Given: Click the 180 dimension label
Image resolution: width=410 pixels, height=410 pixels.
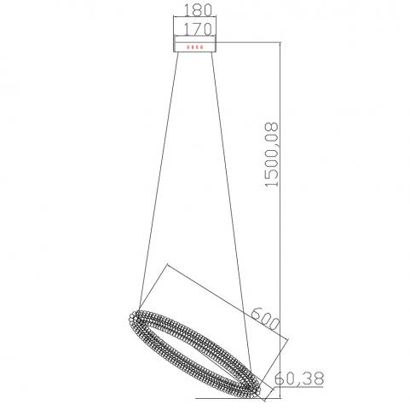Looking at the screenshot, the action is (198, 10).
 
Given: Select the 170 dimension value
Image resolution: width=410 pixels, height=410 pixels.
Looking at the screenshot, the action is (198, 29).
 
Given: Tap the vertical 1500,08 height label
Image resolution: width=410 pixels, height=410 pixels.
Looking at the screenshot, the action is (271, 154).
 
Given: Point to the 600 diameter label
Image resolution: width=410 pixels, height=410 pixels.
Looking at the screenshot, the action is (265, 319).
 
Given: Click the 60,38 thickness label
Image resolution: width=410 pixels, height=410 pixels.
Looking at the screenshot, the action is (299, 378).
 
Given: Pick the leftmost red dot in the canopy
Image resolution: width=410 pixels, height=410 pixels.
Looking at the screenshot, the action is (188, 47).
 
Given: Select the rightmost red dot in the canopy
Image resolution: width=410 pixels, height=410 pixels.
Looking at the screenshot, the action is (201, 47).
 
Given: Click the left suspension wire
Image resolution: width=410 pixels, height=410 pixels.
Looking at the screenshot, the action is (159, 182).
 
